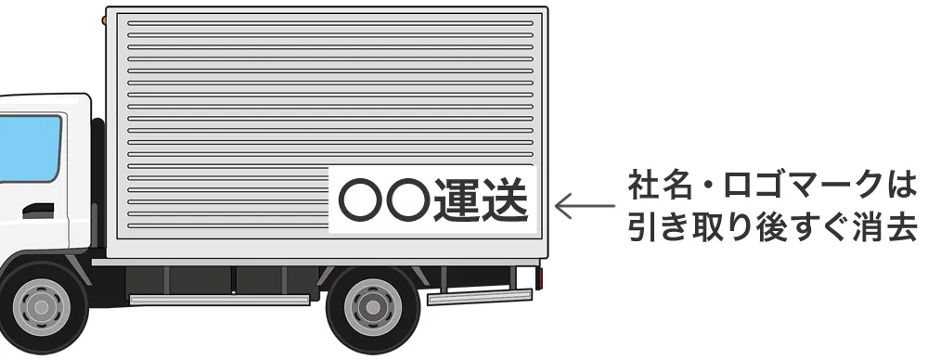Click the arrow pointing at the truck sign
click(x=582, y=203)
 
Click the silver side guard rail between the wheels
click(x=219, y=300)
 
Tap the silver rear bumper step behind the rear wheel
click(x=479, y=298)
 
